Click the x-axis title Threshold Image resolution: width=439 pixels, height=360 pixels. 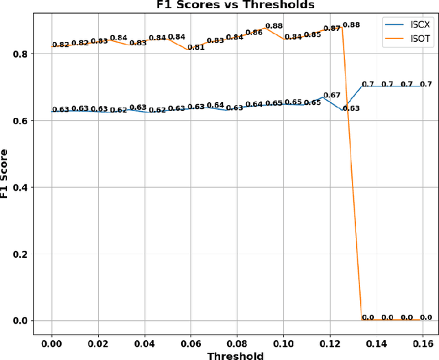235,355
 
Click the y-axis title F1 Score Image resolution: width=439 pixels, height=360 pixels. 6,174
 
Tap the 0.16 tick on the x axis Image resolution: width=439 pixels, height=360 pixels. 423,341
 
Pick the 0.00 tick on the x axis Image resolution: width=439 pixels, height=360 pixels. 51,341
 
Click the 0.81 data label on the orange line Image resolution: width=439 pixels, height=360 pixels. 196,48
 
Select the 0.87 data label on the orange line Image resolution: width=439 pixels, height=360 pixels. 332,29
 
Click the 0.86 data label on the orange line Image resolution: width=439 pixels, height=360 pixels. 254,33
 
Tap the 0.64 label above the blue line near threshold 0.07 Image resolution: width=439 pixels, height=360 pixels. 215,105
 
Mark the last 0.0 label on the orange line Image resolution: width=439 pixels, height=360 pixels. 426,317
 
